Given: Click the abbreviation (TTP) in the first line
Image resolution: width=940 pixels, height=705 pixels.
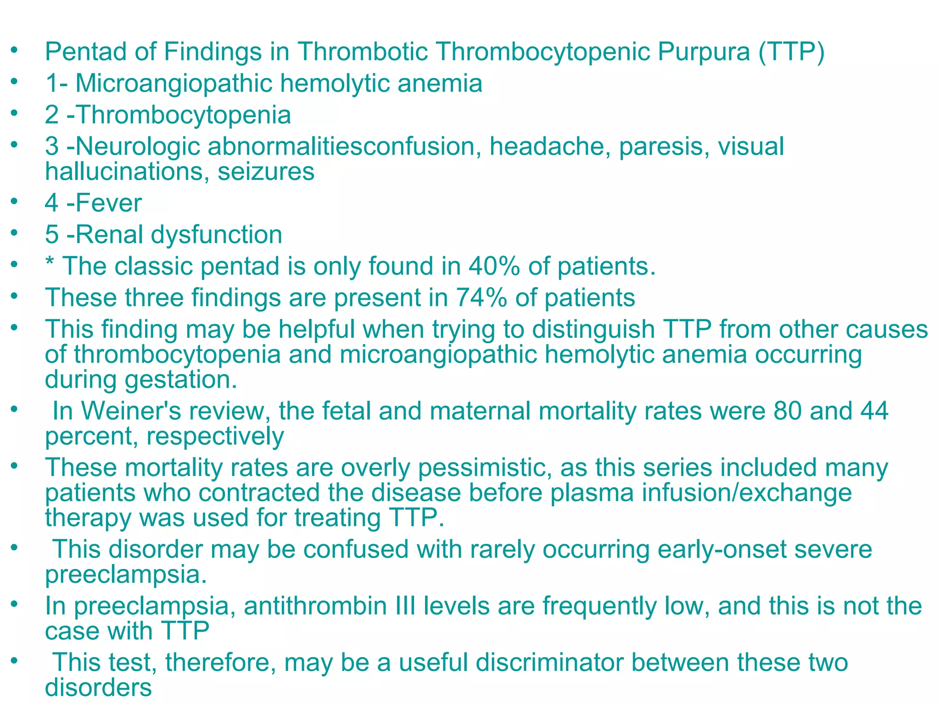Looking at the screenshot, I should pos(791,51).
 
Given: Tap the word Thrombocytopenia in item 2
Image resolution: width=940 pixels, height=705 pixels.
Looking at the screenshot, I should pos(184,115).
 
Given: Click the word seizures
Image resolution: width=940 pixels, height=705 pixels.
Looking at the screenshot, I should pos(266,172).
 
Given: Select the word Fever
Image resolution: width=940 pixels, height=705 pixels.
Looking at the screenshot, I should pos(109,203).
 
